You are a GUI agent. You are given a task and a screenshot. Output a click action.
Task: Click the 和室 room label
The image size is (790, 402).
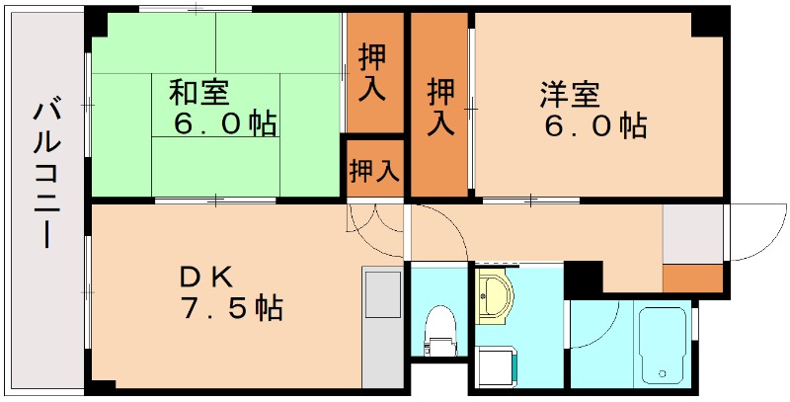[199, 94]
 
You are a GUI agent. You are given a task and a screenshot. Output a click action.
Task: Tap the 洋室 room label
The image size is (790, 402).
[570, 95]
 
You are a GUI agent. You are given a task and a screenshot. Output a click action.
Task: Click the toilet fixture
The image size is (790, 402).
[439, 327]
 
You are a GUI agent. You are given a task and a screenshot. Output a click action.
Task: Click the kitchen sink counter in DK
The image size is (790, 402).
[380, 326]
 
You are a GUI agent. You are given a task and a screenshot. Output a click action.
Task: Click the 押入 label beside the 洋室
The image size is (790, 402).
[439, 106]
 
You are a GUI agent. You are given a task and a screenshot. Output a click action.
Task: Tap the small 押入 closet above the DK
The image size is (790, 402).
[374, 170]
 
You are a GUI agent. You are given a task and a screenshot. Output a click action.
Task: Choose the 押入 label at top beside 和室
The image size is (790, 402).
[374, 69]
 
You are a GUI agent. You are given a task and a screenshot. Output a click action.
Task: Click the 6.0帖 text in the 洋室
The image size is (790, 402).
[593, 126]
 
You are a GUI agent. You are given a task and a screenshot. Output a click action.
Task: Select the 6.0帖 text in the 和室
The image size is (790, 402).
[224, 125]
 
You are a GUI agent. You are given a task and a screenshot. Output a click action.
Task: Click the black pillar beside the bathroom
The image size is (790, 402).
[584, 279]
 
